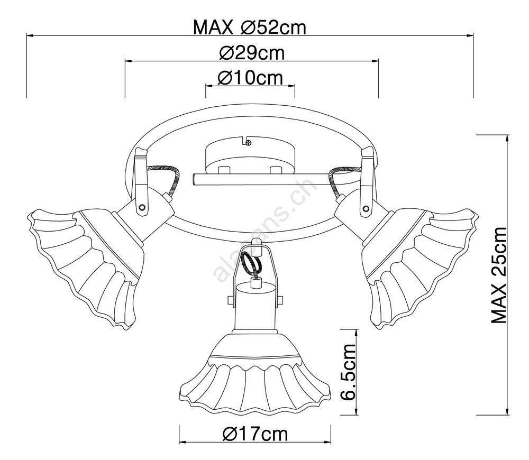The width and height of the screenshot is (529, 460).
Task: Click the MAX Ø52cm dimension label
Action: (x=250, y=27)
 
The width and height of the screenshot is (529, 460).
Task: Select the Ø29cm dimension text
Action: (x=252, y=53)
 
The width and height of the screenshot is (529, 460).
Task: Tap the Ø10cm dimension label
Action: (x=250, y=78)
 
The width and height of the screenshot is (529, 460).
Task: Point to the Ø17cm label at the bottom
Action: (x=256, y=434)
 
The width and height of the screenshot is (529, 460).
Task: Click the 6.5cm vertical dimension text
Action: (x=349, y=372)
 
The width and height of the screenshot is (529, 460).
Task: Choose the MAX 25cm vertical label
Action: (x=499, y=275)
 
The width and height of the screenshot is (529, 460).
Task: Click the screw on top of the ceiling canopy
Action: (x=249, y=143)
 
